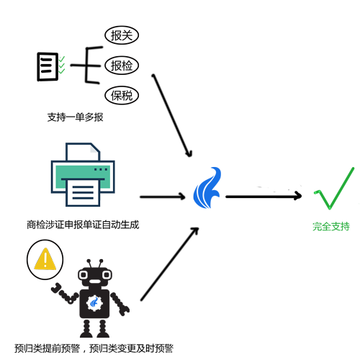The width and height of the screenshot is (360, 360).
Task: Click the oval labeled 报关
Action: click(x=122, y=35)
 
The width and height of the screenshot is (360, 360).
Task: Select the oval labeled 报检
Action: click(x=122, y=66)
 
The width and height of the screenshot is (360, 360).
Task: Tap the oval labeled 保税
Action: click(x=122, y=95)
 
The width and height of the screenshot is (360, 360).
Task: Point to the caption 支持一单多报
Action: click(x=75, y=117)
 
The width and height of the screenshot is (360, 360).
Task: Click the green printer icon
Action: click(x=83, y=174)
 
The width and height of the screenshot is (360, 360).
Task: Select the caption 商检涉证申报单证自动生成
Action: click(x=83, y=225)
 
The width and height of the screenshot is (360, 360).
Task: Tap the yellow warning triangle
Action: click(x=45, y=259)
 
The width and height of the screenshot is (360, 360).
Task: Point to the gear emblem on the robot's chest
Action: click(x=94, y=303)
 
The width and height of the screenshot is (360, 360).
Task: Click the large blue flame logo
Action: click(x=207, y=188)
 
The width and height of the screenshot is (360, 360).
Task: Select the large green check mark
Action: click(x=334, y=188)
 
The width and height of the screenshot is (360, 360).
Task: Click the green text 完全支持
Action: click(x=331, y=226)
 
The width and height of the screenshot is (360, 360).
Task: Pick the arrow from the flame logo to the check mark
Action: click(x=264, y=197)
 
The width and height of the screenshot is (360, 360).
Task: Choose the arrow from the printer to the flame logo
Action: click(x=163, y=197)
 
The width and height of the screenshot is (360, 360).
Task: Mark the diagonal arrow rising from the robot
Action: click(x=170, y=264)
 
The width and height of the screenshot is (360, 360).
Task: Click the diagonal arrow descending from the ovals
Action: click(x=172, y=115)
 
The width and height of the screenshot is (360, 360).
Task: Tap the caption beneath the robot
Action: click(x=94, y=348)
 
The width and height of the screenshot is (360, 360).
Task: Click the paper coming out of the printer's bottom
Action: click(x=83, y=193)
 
